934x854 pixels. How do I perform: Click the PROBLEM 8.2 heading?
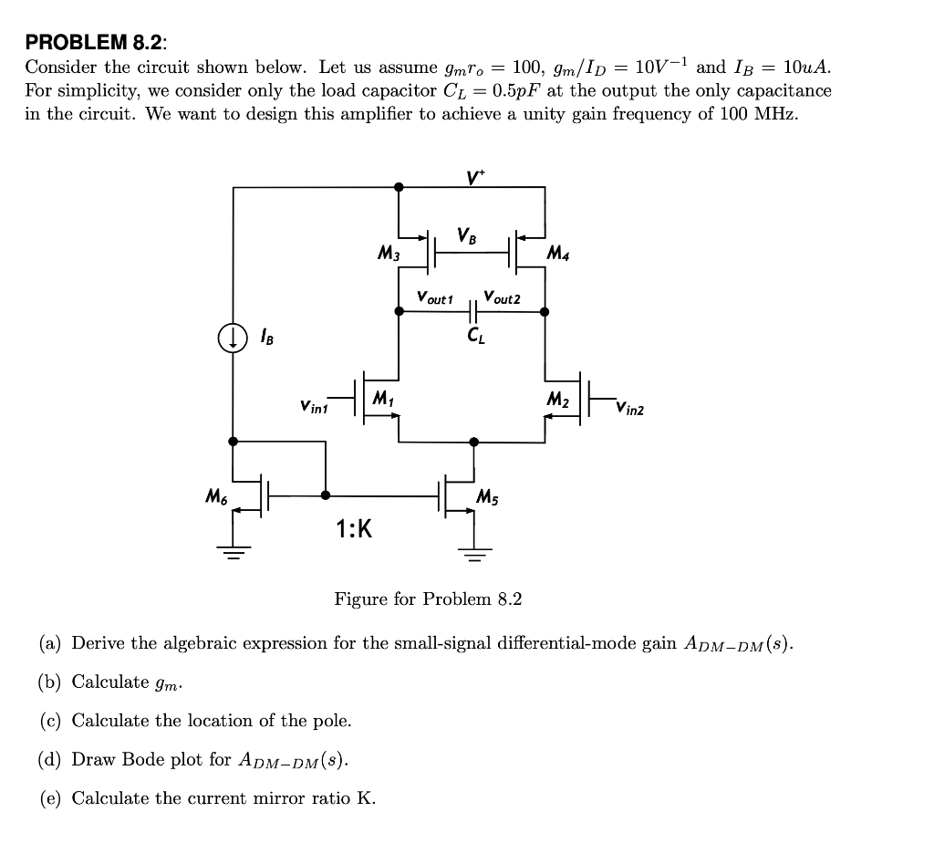click(x=97, y=42)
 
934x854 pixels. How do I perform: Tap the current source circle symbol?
click(x=233, y=339)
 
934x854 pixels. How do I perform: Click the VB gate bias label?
click(x=468, y=236)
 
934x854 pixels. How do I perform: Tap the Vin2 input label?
click(x=629, y=408)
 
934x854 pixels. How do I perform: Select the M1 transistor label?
click(x=383, y=398)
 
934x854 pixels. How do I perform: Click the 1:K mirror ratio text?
click(x=354, y=528)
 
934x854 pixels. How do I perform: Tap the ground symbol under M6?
click(x=234, y=550)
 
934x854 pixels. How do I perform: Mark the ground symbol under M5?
click(x=472, y=550)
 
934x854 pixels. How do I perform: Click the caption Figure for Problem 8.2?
click(x=428, y=599)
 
